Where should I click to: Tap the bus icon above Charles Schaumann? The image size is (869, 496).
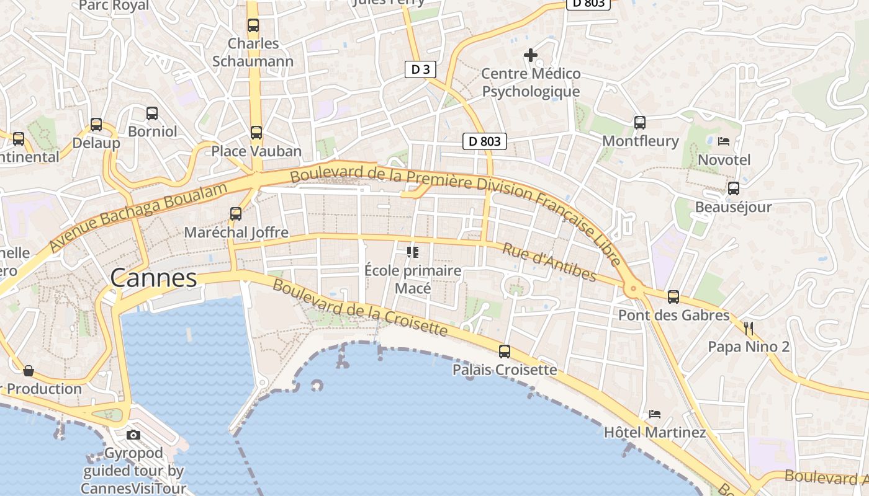coord(253,25)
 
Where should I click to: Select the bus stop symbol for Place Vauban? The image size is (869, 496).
coord(256,132)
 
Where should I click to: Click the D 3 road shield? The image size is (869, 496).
coord(420,69)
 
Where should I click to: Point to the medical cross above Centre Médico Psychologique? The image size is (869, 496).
coord(531,55)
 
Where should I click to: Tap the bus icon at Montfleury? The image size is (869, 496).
coord(640,122)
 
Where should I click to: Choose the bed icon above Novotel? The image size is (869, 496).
coord(723,141)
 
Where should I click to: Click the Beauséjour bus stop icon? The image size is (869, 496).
coord(733,188)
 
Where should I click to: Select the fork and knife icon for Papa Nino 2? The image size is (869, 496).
coord(749,328)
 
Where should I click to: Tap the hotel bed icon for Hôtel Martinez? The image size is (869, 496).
coord(654,414)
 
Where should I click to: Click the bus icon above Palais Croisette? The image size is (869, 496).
coord(505,352)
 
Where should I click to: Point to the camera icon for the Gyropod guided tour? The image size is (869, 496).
coord(133,435)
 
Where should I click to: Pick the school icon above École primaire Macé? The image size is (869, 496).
coord(412,252)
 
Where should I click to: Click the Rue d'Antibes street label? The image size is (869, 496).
coord(549,262)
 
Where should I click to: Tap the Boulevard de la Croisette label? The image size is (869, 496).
coord(360,308)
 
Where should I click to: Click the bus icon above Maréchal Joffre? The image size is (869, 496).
coord(236,214)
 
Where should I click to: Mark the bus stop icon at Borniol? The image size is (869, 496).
coord(152,113)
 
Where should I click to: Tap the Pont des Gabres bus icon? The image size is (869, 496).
coord(673,297)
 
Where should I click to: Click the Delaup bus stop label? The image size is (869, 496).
coord(96,143)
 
